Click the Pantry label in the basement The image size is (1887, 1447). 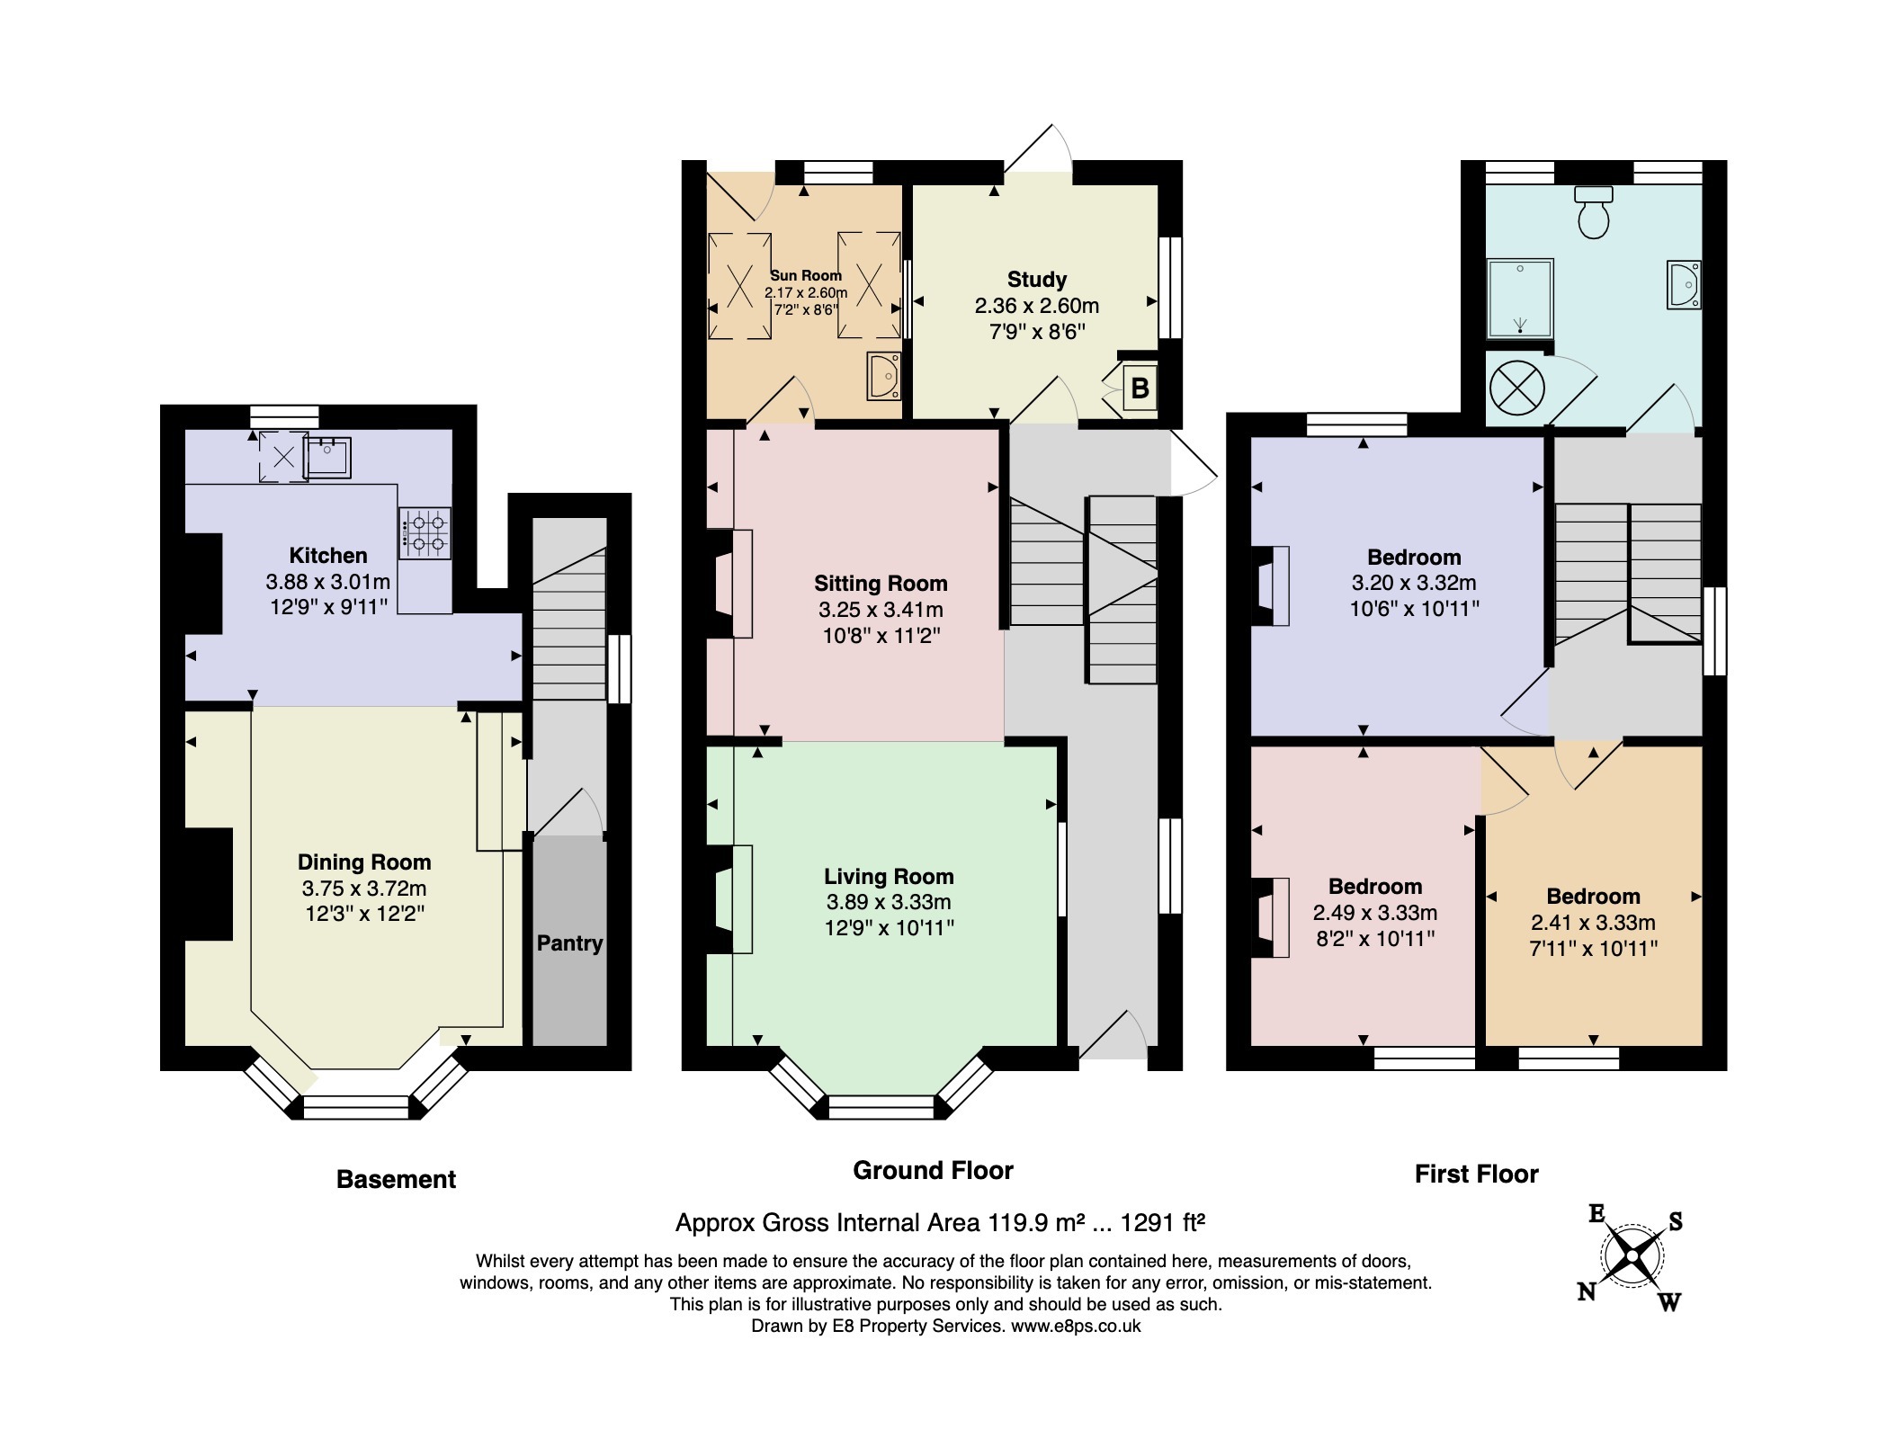(569, 943)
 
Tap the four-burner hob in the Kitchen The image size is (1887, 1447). (425, 533)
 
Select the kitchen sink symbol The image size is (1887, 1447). (326, 456)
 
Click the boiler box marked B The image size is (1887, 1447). (1140, 389)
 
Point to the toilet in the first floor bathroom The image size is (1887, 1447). (1594, 212)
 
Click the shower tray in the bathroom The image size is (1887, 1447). (1520, 297)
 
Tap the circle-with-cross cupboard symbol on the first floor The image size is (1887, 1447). (1517, 389)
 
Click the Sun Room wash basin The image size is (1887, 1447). (883, 376)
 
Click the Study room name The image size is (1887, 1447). (1037, 280)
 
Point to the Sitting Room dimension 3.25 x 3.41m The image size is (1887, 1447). (881, 610)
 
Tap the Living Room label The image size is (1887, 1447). (889, 876)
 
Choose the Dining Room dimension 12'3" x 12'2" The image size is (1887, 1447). (364, 915)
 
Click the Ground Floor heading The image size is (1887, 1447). (933, 1170)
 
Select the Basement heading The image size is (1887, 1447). (396, 1179)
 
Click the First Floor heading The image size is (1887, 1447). (1476, 1174)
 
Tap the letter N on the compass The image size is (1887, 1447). (1587, 1292)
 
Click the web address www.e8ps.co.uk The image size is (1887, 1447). (1076, 1326)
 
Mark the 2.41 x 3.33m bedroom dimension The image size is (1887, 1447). (1593, 922)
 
